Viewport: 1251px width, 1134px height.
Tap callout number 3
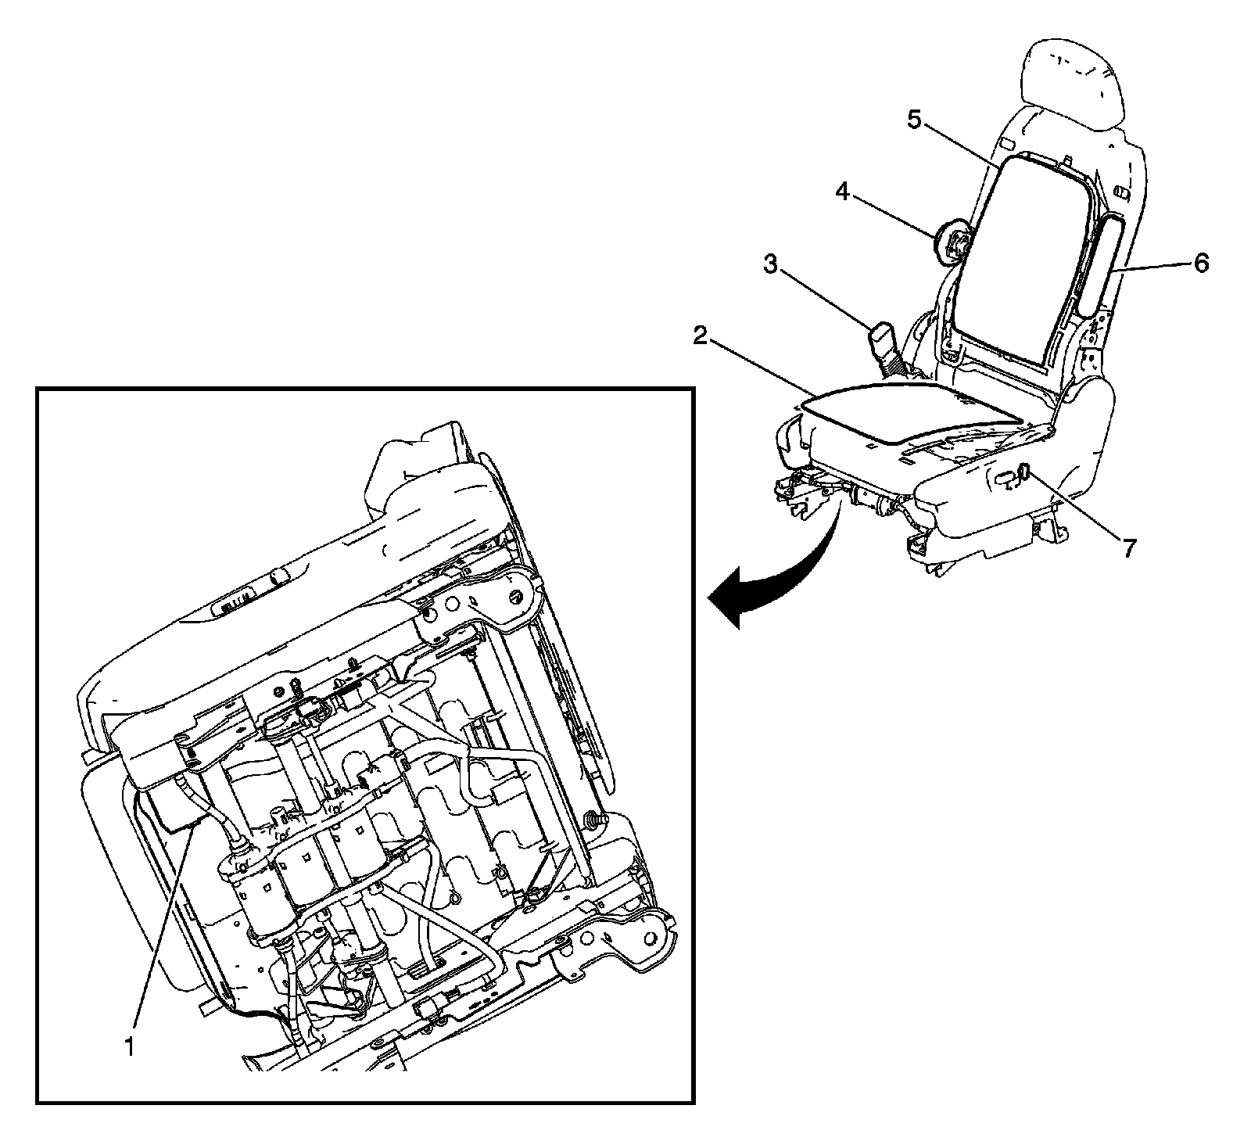(x=771, y=265)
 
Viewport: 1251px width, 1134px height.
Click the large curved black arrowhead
(x=731, y=602)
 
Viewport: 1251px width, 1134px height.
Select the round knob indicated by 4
(x=953, y=245)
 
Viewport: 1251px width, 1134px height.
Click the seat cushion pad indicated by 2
(x=907, y=411)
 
